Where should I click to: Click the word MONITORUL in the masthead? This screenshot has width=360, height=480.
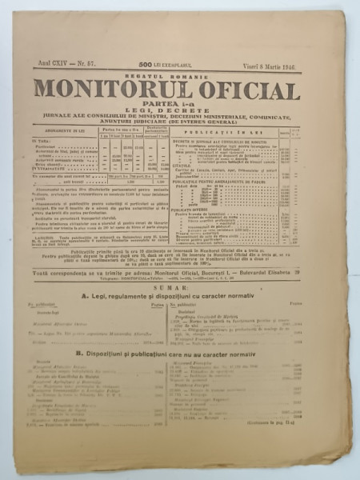coord(115,91)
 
